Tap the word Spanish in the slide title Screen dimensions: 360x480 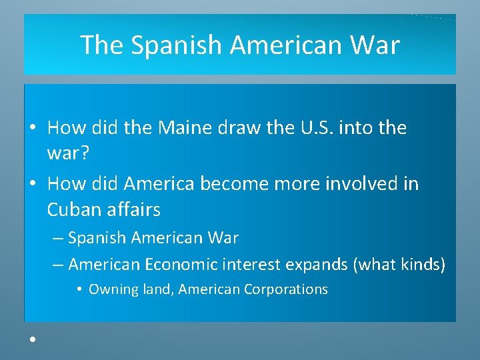175,45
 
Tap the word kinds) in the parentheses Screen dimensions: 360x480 423,265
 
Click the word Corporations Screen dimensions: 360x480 286,289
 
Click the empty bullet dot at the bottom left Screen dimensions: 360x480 31,339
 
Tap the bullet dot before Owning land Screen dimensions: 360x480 79,289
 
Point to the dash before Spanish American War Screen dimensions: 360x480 58,238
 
